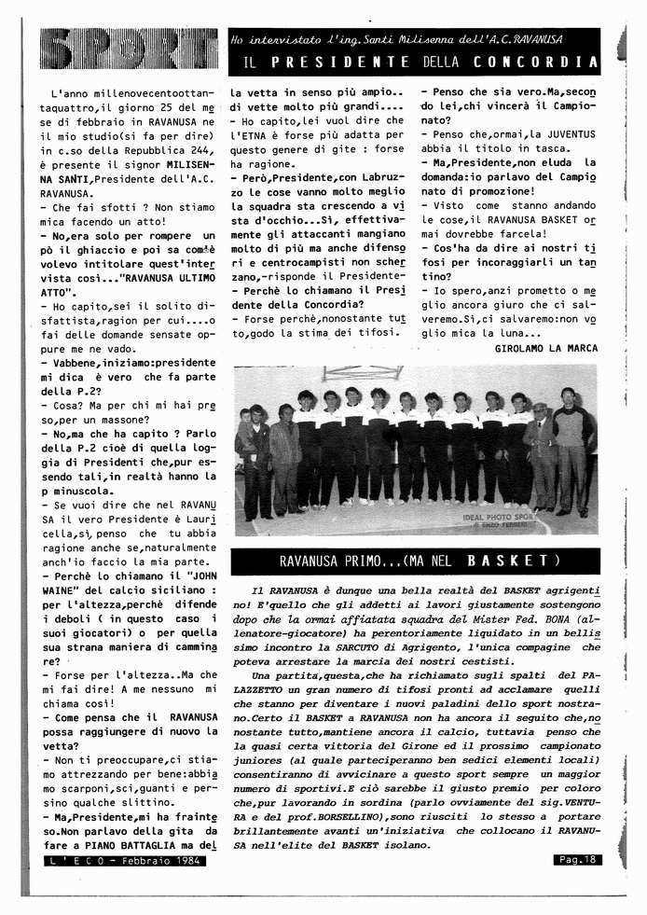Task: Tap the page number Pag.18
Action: point(577,859)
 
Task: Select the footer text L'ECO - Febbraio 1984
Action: point(125,861)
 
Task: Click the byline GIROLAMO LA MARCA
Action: point(546,348)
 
